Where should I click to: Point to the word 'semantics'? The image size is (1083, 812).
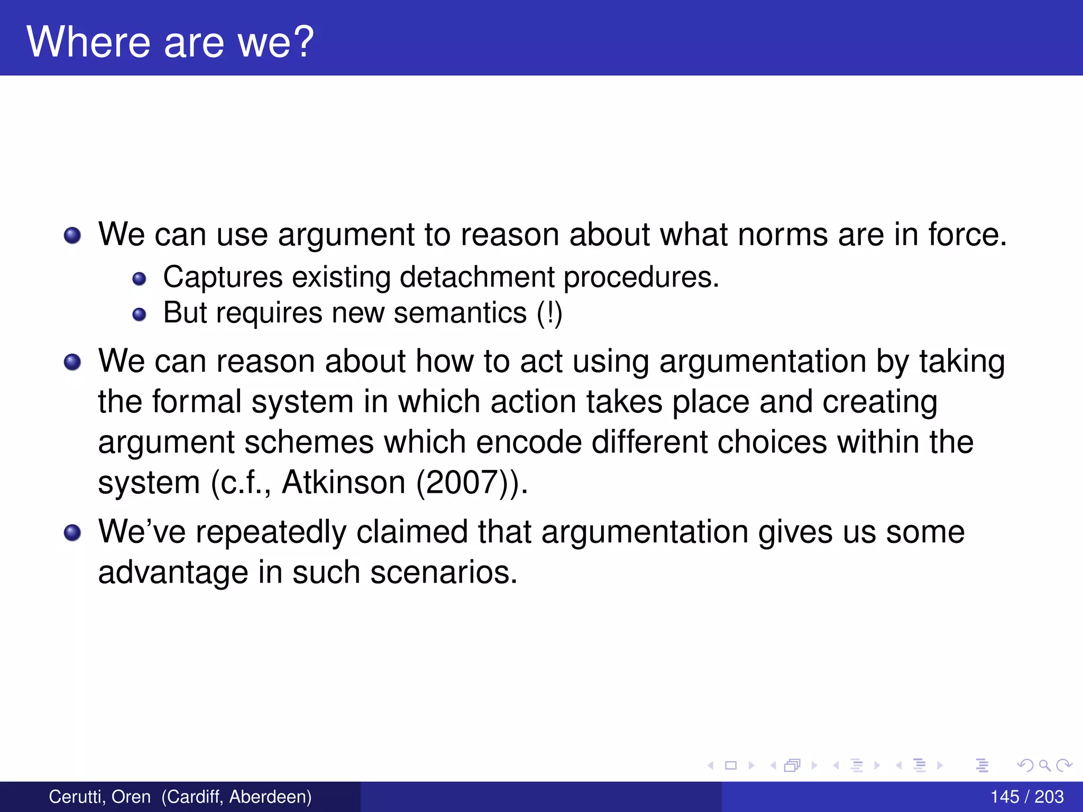pos(460,313)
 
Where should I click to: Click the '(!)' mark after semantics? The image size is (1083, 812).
pos(549,313)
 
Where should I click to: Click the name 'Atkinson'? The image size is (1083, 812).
pos(344,482)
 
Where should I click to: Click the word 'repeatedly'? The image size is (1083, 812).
pos(271,532)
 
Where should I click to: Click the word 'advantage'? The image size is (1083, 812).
pos(173,573)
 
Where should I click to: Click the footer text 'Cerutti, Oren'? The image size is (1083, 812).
pos(99,797)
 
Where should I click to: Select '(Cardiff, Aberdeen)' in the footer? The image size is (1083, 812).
pos(236,797)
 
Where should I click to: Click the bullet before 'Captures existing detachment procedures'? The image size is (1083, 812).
pos(139,279)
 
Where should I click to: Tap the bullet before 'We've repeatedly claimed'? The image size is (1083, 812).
pos(72,533)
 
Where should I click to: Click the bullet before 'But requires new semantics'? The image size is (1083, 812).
pos(139,315)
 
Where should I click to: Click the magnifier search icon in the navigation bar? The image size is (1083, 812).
pos(1044,765)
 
